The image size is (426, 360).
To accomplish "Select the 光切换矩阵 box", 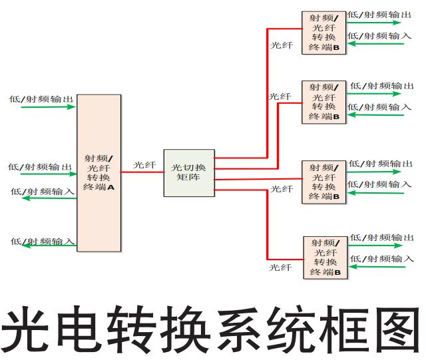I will click(189, 172).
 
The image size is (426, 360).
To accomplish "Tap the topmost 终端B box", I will click(324, 33).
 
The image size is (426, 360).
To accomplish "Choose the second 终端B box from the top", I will click(324, 101).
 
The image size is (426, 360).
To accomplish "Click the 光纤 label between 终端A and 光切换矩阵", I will click(144, 164).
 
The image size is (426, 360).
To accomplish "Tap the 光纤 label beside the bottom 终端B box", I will click(280, 267).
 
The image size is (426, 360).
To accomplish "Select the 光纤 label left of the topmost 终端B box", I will click(281, 45).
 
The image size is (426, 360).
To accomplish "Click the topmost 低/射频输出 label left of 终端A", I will click(41, 99).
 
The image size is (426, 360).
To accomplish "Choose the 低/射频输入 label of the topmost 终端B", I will click(379, 36).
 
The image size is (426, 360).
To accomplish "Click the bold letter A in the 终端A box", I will click(111, 187).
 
